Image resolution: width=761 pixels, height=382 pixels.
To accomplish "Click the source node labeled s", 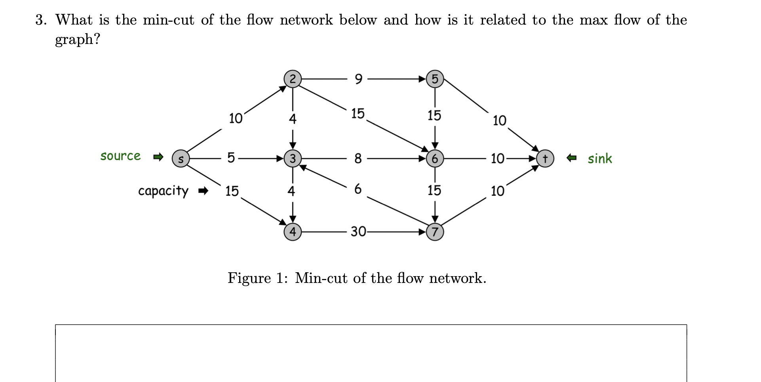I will click(181, 159).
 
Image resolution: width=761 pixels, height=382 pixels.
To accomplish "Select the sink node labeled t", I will click(545, 159).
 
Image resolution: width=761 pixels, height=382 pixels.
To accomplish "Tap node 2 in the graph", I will click(292, 79).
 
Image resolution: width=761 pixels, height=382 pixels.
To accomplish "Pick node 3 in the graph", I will click(292, 159).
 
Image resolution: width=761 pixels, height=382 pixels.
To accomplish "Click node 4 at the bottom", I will click(292, 231).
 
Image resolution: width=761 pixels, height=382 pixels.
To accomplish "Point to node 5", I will click(435, 79).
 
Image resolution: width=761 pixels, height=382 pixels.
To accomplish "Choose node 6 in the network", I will click(435, 159).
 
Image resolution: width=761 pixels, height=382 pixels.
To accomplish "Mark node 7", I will click(435, 231).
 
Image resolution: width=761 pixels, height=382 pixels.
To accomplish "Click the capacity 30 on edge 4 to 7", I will click(358, 231).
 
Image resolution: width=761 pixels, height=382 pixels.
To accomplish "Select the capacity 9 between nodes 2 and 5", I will click(358, 79).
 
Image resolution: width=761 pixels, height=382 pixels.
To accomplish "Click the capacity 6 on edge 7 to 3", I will click(358, 189).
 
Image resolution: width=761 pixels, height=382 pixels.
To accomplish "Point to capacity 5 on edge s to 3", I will click(231, 158).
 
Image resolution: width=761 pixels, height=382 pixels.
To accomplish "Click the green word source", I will click(120, 156).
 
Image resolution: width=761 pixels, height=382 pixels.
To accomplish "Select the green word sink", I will click(599, 159).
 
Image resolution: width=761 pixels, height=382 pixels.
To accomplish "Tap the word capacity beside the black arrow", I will click(163, 191).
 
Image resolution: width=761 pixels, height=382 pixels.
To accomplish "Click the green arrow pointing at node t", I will click(571, 159).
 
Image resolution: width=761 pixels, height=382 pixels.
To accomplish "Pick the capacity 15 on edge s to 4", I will click(232, 191).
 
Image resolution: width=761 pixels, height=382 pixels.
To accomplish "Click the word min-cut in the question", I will click(168, 20).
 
